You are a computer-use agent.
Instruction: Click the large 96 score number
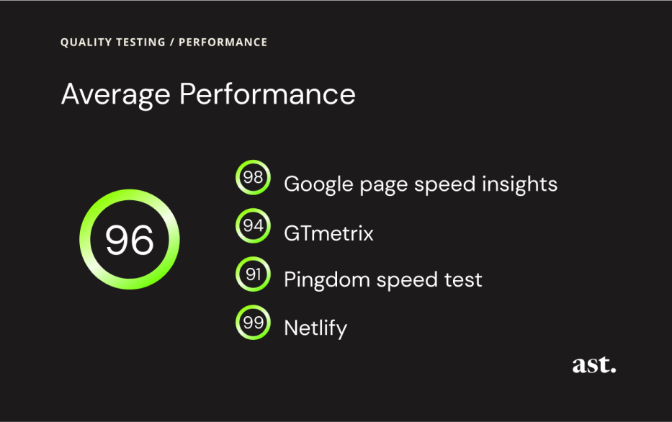[x=130, y=240]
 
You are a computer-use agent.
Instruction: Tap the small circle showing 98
[x=253, y=177]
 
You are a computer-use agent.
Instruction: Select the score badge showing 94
[x=253, y=226]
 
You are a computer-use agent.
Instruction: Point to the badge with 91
[x=253, y=274]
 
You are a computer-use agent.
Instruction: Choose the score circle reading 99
[x=253, y=323]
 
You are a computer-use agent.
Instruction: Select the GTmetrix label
[x=328, y=233]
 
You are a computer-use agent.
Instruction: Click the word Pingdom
[x=321, y=280]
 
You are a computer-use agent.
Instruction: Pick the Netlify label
[x=315, y=328]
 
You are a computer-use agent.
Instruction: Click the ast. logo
[x=594, y=365]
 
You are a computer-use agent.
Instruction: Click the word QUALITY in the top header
[x=84, y=42]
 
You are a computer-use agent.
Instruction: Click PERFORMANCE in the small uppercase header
[x=223, y=42]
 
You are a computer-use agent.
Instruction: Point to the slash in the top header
[x=172, y=42]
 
